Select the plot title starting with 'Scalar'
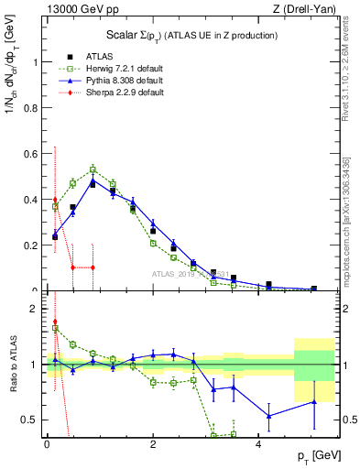192,36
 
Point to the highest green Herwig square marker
93,169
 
